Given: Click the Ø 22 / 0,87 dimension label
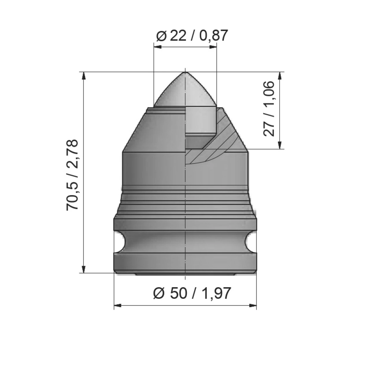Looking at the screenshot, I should (x=192, y=36).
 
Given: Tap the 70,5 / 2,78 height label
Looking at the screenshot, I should (x=72, y=175).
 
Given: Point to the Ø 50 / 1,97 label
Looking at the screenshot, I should (x=192, y=294).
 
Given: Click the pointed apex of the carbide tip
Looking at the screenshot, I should (x=185, y=73).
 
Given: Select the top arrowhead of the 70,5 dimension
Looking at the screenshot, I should (x=84, y=76).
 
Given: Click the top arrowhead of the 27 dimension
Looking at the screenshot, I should (x=280, y=76).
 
